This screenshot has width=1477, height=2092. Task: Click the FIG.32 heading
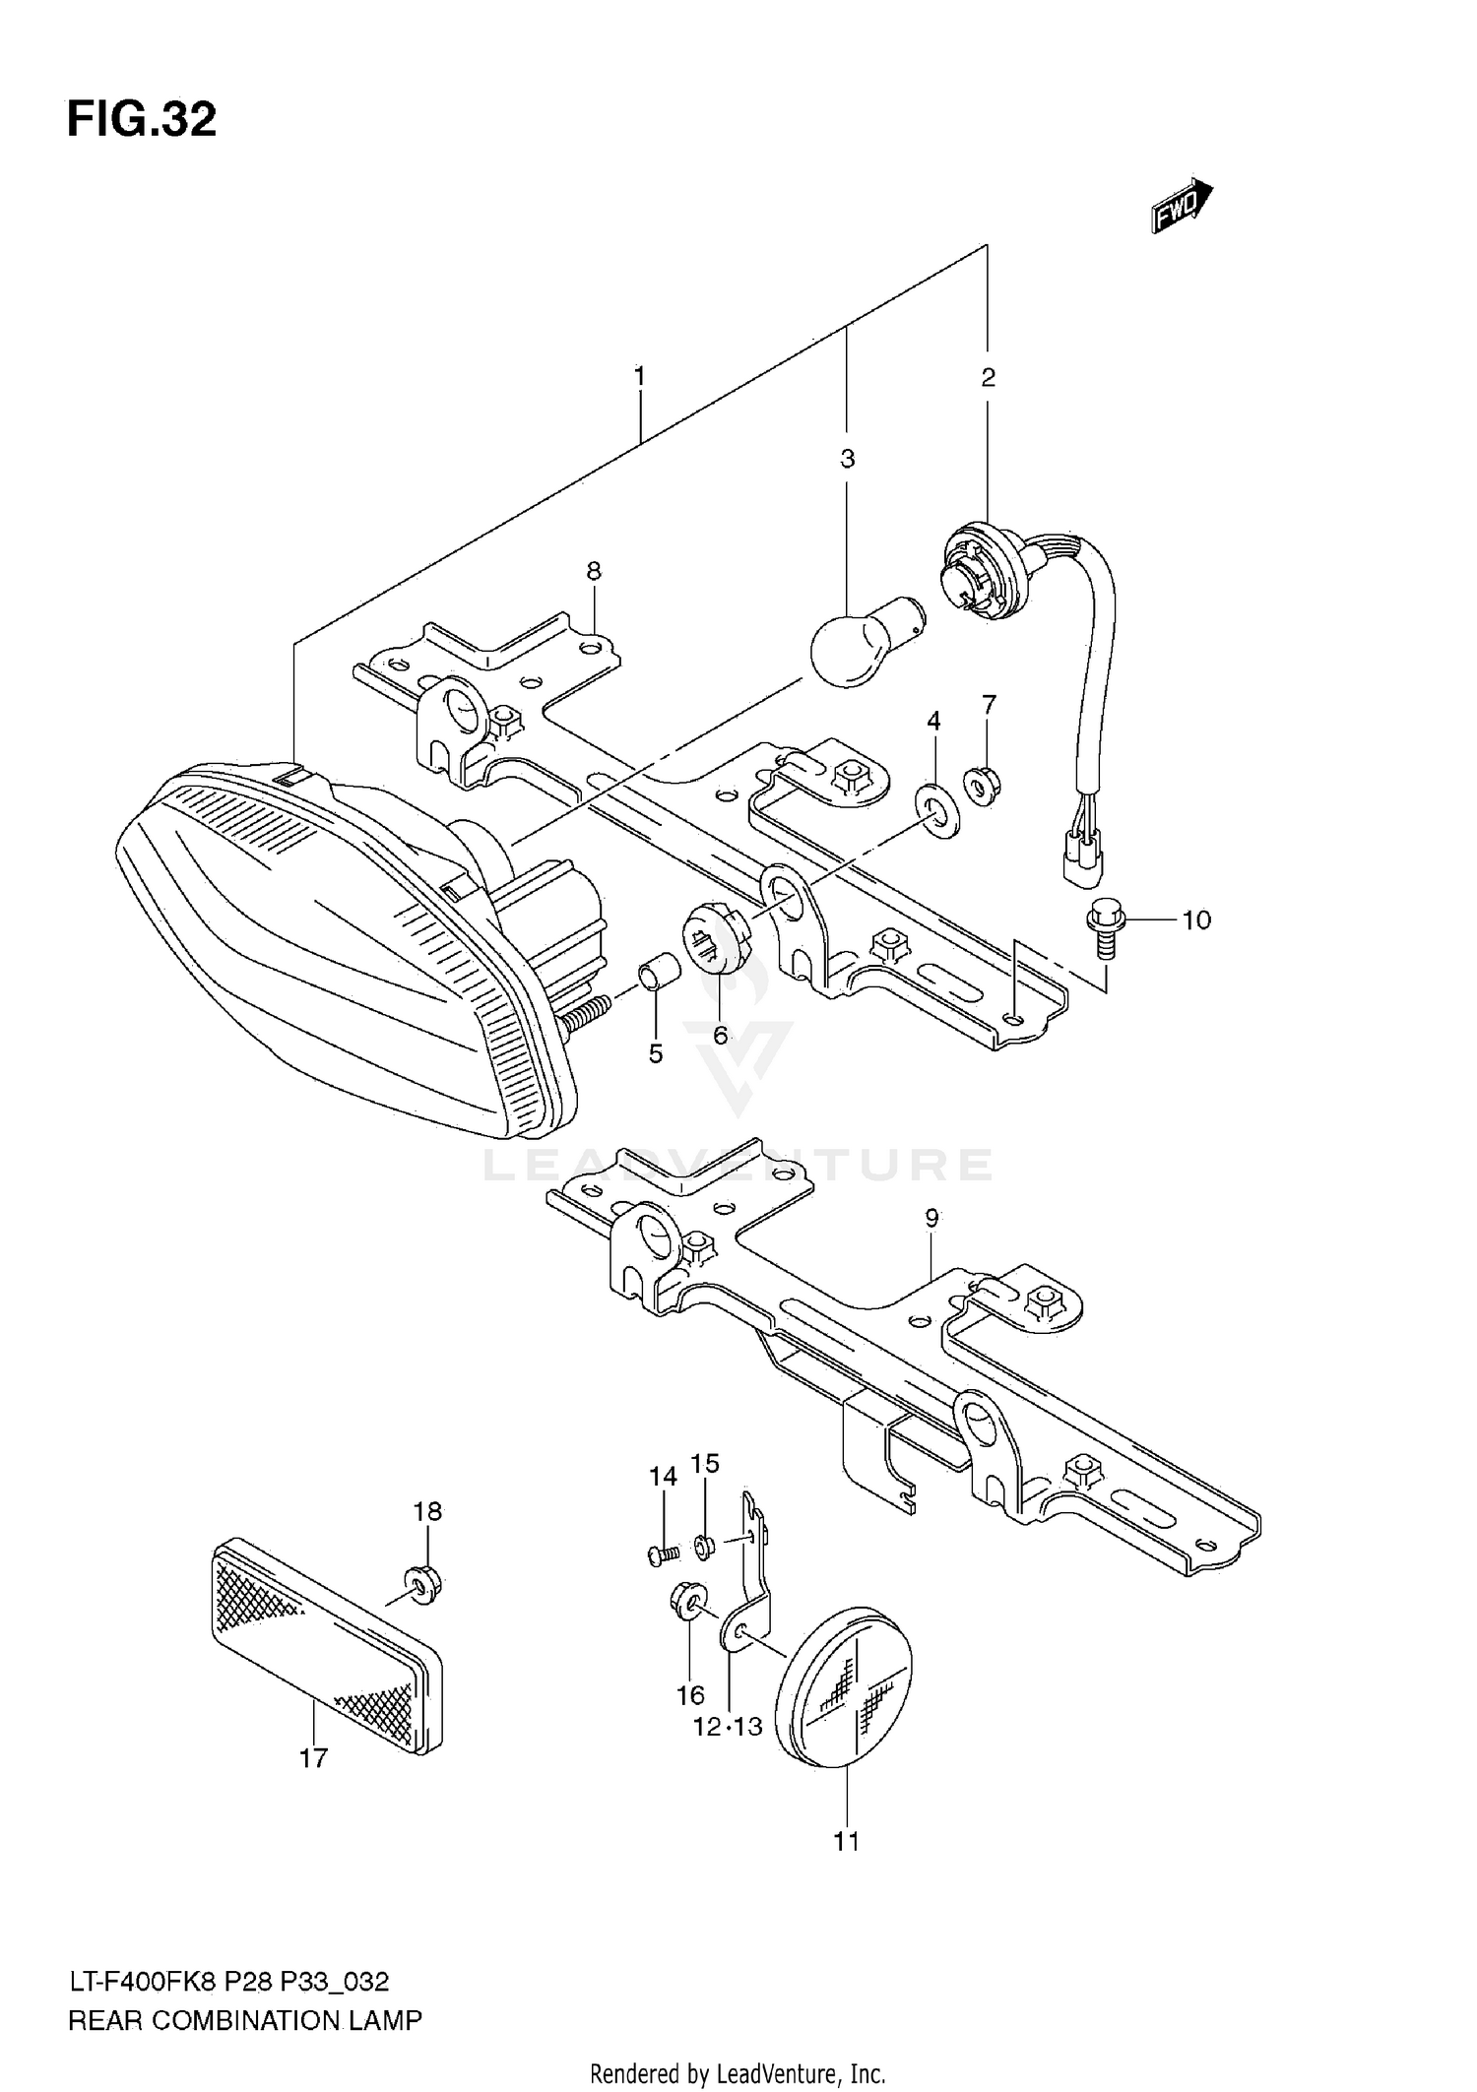point(142,120)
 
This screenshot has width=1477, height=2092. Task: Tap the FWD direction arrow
point(1183,205)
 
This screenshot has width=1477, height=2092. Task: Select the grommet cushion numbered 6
point(716,935)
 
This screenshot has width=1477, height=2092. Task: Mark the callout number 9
point(931,1218)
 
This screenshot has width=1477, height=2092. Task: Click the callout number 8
point(593,571)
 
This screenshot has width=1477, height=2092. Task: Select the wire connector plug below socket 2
point(1082,860)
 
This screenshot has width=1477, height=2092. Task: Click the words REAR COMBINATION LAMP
point(245,2021)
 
